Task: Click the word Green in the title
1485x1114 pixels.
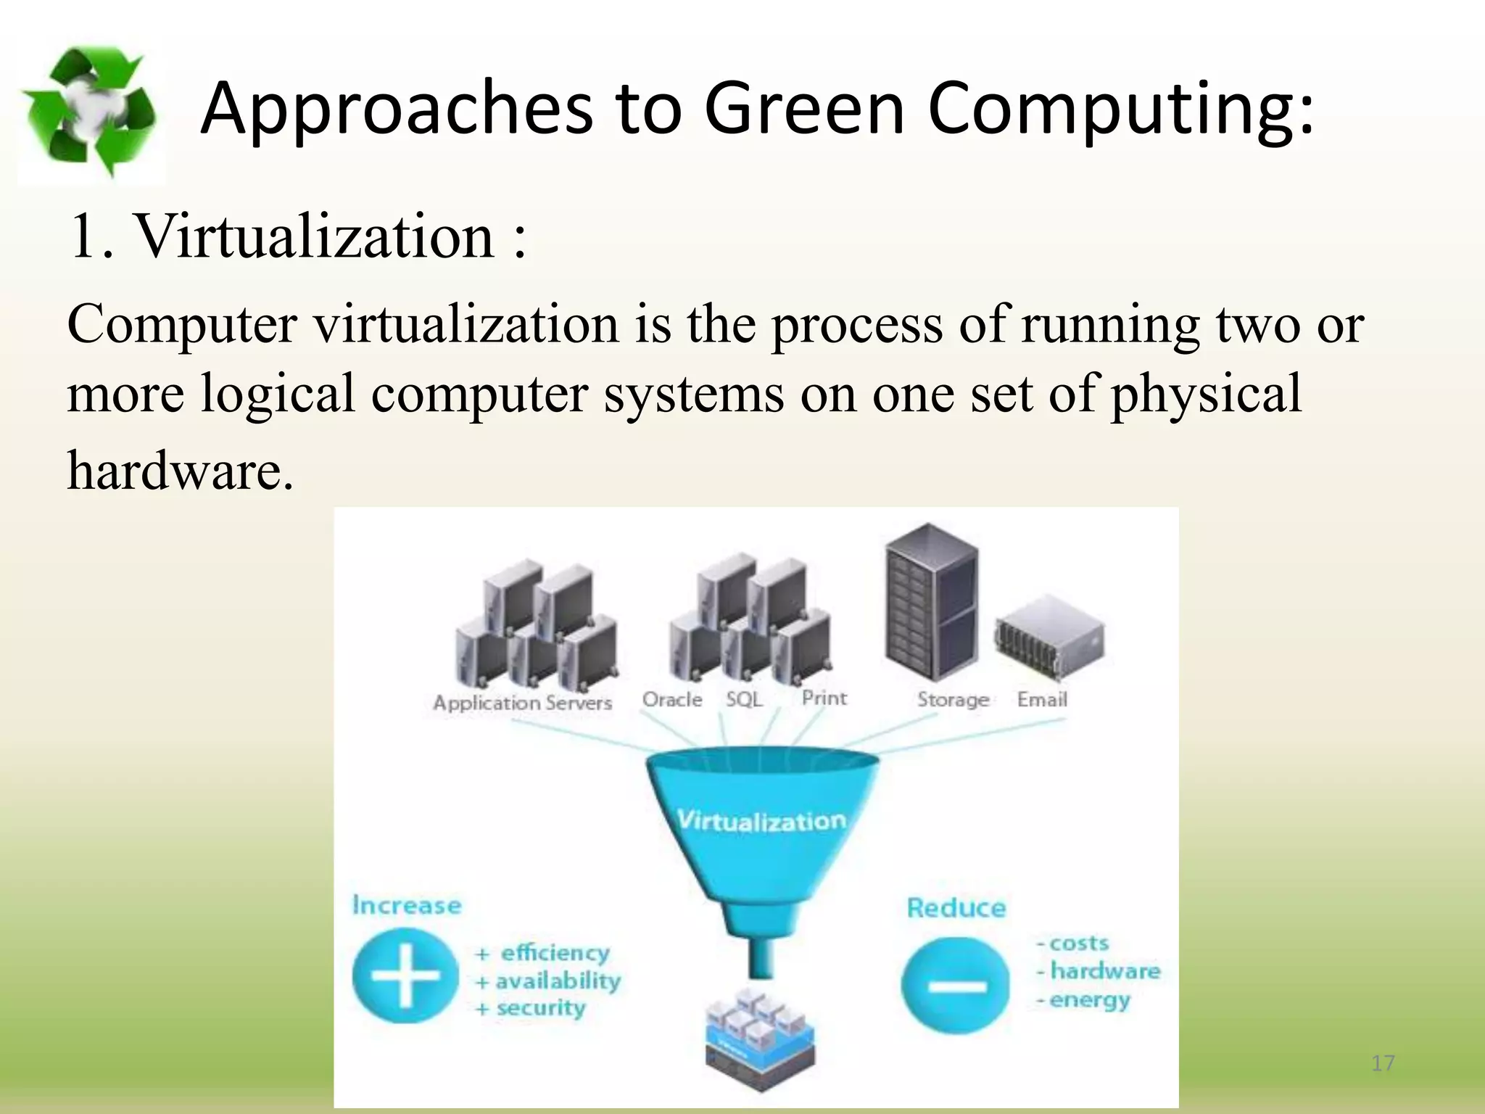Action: coord(805,109)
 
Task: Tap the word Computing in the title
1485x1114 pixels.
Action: coord(1120,109)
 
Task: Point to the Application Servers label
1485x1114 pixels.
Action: coord(522,702)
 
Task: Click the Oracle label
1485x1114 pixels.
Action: coord(672,699)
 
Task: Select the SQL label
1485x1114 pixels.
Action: coord(744,699)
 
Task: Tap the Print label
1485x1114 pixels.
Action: coord(824,698)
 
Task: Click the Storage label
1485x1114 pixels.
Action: coord(953,699)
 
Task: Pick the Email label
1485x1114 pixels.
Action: coord(1042,699)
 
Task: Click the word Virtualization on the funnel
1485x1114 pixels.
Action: coord(761,820)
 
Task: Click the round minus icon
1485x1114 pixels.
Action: coord(956,985)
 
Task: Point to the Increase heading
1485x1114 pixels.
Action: coord(406,904)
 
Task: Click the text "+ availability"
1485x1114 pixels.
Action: coord(548,981)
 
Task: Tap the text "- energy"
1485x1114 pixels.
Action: coord(1084,999)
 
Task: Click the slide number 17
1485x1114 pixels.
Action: coord(1383,1063)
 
